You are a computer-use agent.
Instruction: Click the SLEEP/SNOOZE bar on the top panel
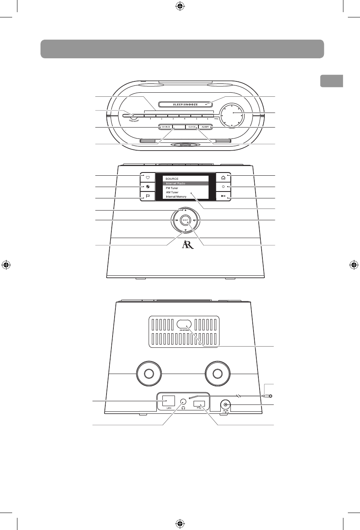pyautogui.click(x=185, y=104)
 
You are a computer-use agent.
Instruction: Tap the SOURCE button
pyautogui.click(x=165, y=127)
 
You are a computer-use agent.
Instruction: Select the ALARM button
pyautogui.click(x=206, y=127)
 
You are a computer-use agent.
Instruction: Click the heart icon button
pyautogui.click(x=148, y=177)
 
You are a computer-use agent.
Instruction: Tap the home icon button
pyautogui.click(x=223, y=177)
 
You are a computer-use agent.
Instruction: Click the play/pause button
pyautogui.click(x=223, y=197)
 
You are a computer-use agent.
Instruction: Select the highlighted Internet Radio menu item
pyautogui.click(x=186, y=183)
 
